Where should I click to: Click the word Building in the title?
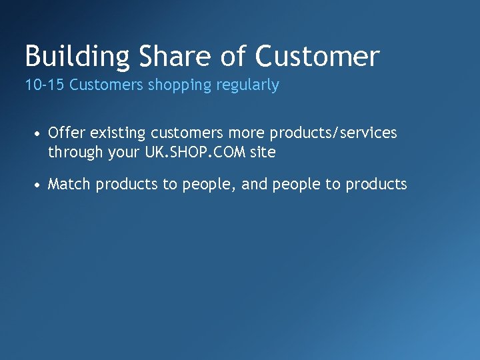tap(78, 57)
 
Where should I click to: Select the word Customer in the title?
tap(318, 57)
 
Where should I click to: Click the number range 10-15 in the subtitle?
tap(45, 85)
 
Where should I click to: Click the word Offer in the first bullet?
tap(65, 133)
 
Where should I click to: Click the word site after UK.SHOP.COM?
tap(263, 152)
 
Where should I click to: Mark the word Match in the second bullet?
tap(69, 184)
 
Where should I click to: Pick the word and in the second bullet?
tap(254, 184)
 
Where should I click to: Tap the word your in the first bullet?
tap(124, 153)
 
